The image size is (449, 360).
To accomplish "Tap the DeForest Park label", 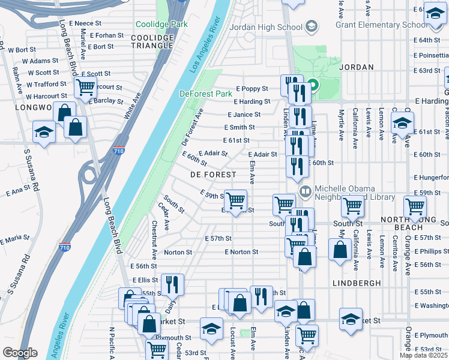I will point(205,94).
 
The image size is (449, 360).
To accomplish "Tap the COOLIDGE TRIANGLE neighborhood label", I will point(152,42).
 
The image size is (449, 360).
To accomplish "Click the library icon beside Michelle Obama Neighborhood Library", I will point(306,191).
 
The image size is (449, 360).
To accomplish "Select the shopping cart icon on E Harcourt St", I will point(85,87).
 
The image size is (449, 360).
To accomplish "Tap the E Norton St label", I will point(241,252).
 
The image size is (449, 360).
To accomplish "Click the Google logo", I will point(20,353).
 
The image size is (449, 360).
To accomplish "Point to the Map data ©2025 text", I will point(423,355).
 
